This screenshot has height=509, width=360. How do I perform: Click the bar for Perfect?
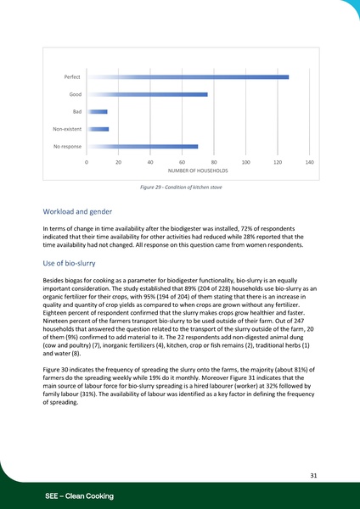pyautogui.click(x=188, y=77)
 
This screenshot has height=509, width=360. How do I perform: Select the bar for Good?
pyautogui.click(x=147, y=94)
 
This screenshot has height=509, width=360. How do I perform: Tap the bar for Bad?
pyautogui.click(x=98, y=111)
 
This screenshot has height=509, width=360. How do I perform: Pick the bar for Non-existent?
pyautogui.click(x=98, y=129)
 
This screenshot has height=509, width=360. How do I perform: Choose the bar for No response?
pyautogui.click(x=143, y=147)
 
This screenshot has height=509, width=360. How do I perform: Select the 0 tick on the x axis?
pyautogui.click(x=87, y=161)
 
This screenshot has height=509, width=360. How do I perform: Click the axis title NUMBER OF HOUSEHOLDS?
pyautogui.click(x=198, y=171)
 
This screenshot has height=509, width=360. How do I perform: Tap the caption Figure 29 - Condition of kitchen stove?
pyautogui.click(x=180, y=187)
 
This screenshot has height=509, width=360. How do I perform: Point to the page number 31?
pyautogui.click(x=313, y=477)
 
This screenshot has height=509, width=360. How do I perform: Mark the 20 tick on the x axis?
pyautogui.click(x=119, y=161)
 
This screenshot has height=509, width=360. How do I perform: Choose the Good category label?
pyautogui.click(x=75, y=94)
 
